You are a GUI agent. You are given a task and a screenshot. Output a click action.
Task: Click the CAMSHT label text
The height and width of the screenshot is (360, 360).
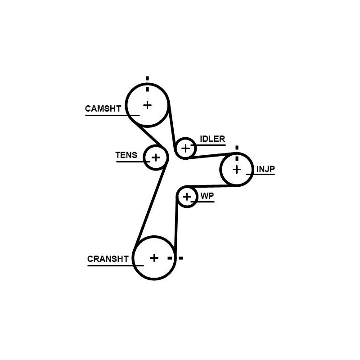point(103,108)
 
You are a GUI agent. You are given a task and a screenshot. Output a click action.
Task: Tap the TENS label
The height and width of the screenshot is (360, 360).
point(126,155)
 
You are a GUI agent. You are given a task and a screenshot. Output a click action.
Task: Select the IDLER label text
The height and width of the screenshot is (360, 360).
point(212,139)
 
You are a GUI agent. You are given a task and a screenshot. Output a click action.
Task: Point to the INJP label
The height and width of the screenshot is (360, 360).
point(265,169)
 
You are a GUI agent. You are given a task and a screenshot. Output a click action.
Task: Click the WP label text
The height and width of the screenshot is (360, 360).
point(207,196)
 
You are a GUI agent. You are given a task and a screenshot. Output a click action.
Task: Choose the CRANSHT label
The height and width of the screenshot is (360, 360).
point(108,259)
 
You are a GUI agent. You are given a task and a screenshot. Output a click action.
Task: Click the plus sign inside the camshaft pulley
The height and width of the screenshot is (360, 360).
point(148,105)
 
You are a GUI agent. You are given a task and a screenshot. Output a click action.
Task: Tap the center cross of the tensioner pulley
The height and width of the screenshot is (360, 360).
point(156,158)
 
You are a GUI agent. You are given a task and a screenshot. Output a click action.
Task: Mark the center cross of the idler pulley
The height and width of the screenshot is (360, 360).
point(185,148)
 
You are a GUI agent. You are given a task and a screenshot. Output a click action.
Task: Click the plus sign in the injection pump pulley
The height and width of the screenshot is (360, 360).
point(237,170)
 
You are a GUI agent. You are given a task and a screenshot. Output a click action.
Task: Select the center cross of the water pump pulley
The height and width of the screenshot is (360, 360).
point(187,197)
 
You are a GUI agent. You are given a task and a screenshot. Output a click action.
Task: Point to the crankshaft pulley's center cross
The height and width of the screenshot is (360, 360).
point(154,258)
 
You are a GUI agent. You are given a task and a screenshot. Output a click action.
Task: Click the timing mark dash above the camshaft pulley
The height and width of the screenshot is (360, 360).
point(148,78)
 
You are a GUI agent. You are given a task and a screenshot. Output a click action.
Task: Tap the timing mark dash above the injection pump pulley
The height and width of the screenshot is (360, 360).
point(237,148)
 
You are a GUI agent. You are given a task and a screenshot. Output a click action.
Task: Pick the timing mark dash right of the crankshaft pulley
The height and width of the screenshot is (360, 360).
point(181,258)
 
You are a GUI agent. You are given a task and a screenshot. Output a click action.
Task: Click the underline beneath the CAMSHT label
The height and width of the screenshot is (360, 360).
point(112,115)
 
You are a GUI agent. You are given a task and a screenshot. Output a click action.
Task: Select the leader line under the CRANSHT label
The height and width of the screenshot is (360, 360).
point(116,265)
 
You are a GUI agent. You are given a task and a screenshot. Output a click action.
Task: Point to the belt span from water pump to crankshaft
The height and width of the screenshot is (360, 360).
point(176,225)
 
